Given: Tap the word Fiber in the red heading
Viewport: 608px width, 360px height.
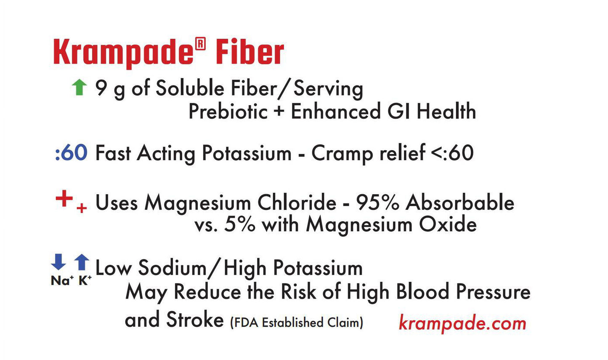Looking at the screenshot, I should [250, 53].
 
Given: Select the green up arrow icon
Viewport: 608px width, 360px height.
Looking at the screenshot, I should [79, 88].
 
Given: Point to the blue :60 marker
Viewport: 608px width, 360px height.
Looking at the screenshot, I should [71, 153].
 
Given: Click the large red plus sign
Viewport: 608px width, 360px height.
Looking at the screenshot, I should [64, 199].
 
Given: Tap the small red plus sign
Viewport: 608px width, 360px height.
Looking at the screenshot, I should [82, 208].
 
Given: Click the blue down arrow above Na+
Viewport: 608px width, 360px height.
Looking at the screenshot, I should [58, 262].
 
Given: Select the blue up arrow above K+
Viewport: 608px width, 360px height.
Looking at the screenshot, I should [82, 262].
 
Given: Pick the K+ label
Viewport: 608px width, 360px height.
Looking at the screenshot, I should [85, 281].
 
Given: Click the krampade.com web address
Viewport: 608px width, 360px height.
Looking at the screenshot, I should [462, 323].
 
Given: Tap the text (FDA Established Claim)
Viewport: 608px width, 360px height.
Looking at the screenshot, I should [296, 323].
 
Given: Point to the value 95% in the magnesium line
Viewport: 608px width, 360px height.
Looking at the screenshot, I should [377, 203].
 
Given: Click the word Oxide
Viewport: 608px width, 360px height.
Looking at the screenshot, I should [448, 224].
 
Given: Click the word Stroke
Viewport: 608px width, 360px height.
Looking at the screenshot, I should [195, 320].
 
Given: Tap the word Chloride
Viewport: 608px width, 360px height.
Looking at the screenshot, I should [297, 203].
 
